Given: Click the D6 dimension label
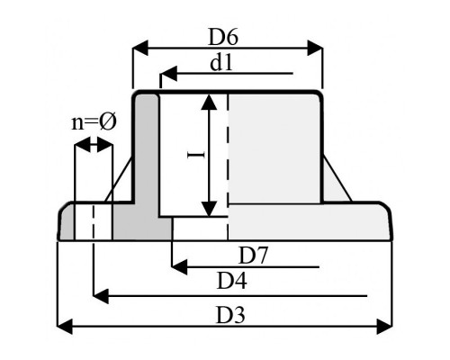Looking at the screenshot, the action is point(223,37).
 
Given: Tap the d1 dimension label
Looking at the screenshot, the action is point(221,63).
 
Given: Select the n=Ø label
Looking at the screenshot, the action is point(94,122).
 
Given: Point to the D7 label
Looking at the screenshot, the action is point(252,256).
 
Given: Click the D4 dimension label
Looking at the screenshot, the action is point(231,281).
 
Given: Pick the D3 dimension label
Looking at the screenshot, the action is point(230,315).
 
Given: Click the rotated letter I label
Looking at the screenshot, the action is point(195,155).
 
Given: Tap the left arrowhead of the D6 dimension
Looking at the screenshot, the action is point(140,48).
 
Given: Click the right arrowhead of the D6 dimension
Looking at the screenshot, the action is point(315,48).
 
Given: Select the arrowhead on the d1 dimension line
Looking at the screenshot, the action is point(168,74).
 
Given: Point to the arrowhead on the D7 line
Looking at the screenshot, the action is point(180,266).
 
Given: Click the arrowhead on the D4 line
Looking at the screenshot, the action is point(101,295).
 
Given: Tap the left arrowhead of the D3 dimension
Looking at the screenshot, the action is point(65,327).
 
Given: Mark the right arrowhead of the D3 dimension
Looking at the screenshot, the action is point(384,327).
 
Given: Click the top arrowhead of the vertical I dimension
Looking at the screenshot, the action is point(209,102).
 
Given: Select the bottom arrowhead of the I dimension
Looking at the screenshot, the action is point(209,209).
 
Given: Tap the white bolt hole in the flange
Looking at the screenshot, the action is point(93,222).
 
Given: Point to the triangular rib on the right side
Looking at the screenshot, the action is point(336,183).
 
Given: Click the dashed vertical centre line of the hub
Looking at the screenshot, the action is point(228,166).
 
